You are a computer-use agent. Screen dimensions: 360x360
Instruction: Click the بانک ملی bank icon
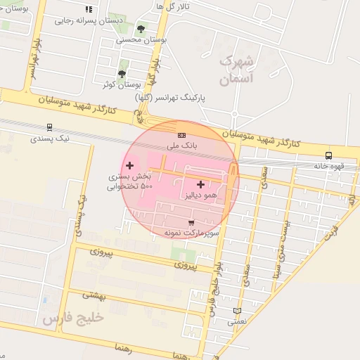click(x=181, y=135)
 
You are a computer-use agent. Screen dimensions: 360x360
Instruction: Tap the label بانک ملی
click(x=179, y=145)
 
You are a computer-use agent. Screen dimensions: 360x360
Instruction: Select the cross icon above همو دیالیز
click(x=201, y=184)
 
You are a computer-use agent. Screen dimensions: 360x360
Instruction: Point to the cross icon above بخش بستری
click(x=129, y=166)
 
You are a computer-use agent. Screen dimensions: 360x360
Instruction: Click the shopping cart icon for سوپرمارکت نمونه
click(x=191, y=222)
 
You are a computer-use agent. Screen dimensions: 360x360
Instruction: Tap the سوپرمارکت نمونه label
click(x=193, y=232)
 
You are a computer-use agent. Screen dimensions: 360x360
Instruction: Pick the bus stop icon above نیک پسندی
click(x=49, y=127)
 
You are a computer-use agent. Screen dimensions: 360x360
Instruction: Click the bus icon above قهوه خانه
click(x=328, y=155)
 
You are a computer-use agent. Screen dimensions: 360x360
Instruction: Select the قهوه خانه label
click(x=330, y=167)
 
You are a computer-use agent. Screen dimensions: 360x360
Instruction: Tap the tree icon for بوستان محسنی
click(x=141, y=30)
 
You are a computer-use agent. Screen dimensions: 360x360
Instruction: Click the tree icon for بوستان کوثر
click(x=122, y=74)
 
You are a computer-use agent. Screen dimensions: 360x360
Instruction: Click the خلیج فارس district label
click(x=73, y=318)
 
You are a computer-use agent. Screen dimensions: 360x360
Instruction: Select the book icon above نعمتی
click(x=237, y=311)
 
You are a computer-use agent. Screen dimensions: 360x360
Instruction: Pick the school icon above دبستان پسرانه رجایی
click(x=89, y=10)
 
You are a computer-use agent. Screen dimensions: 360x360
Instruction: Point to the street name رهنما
click(x=112, y=347)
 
